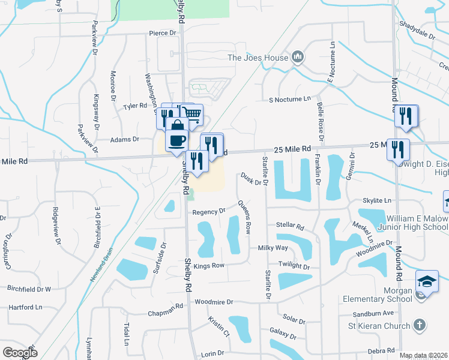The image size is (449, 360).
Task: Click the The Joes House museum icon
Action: (x=297, y=58)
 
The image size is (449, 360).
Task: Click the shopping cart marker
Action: (x=193, y=113)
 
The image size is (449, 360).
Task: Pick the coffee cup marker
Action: (x=176, y=140)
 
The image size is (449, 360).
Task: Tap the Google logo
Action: (x=19, y=352)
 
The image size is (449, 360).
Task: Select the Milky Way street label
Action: (x=273, y=248)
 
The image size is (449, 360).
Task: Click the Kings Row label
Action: (x=209, y=265)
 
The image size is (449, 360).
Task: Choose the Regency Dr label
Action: (x=208, y=211)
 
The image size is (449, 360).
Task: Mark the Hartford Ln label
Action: (x=26, y=307)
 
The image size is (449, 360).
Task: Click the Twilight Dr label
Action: (x=294, y=265)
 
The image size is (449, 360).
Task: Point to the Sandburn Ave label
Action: (x=373, y=313)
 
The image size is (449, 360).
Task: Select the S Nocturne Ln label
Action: (x=291, y=99)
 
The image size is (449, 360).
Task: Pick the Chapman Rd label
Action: (x=165, y=308)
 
